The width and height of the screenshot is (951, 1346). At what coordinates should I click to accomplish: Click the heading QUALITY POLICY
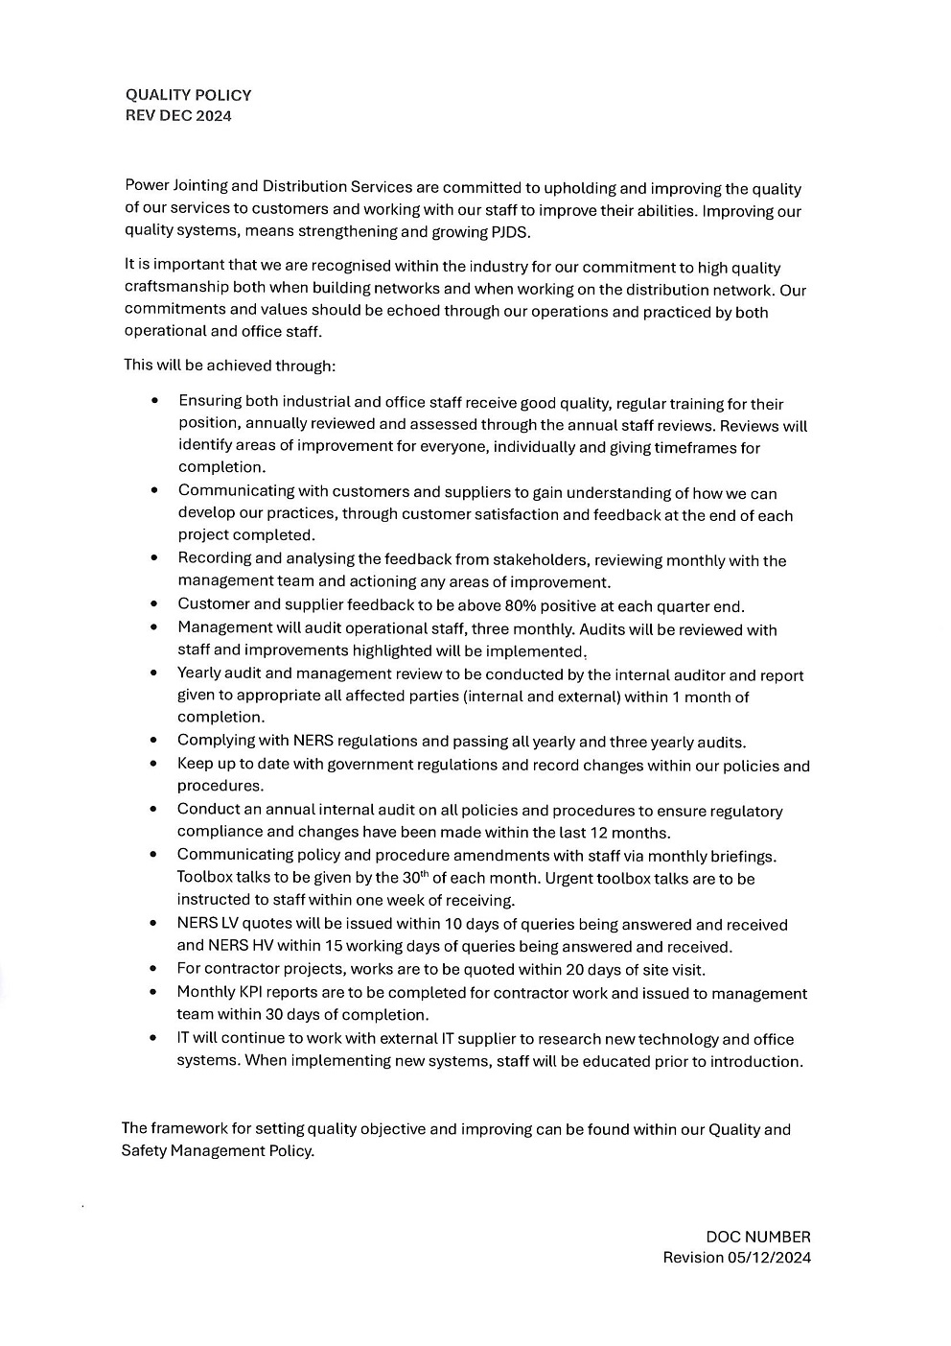[188, 95]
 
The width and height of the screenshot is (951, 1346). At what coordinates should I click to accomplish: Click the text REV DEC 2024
[178, 116]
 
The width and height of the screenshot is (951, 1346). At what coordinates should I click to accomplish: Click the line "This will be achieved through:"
[230, 366]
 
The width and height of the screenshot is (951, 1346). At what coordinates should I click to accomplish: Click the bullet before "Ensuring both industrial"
[153, 402]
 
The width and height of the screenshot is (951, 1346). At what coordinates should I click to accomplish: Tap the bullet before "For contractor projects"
[153, 970]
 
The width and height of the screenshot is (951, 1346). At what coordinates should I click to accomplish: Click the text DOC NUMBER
[757, 1237]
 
